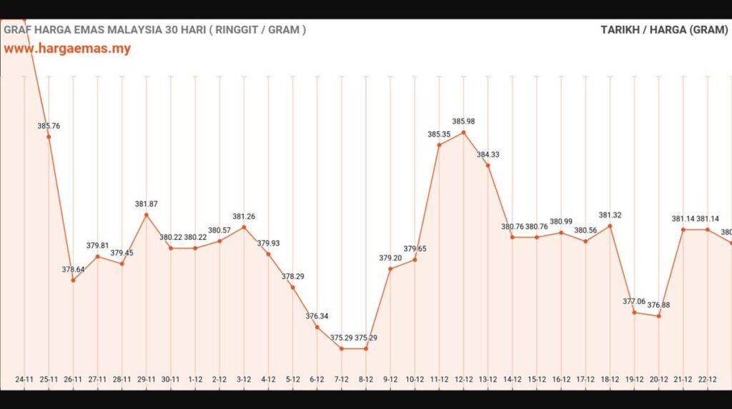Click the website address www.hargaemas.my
pos(67,49)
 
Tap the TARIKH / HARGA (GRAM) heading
pos(664,30)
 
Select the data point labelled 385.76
pos(49,136)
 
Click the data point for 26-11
pos(73,280)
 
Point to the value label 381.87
pos(146,204)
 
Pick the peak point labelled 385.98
pos(463,132)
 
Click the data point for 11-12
pos(439,145)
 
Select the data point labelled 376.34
pos(317,327)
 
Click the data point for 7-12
pos(341,348)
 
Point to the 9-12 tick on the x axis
pos(390,380)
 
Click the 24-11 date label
pos(24,380)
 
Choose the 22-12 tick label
pos(707,380)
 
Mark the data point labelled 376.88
pos(658,315)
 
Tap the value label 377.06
pos(633,301)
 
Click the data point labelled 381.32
pos(610,226)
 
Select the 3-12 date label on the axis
pos(244,380)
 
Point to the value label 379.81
pos(97,246)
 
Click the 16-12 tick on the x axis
pos(560,380)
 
